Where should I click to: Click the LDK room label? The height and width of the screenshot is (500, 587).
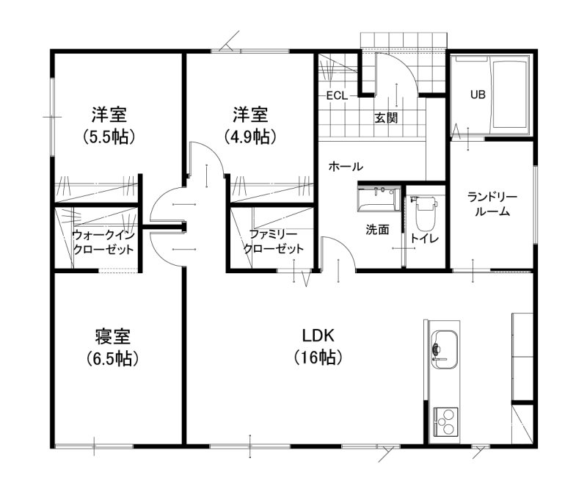tap(318, 336)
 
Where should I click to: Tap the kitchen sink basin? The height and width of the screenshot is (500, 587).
tap(445, 349)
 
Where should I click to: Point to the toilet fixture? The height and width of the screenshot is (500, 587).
tap(426, 213)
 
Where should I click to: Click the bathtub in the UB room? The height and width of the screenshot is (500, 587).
tap(510, 95)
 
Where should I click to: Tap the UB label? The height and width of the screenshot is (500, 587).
tap(478, 95)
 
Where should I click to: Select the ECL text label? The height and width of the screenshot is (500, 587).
tap(337, 96)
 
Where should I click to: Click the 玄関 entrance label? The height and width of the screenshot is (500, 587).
tap(386, 118)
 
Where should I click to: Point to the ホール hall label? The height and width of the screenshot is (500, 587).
tap(346, 166)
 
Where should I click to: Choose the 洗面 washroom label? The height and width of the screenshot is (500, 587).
tap(377, 230)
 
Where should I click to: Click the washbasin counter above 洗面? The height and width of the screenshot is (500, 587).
tap(379, 198)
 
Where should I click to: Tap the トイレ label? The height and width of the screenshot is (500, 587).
tap(425, 238)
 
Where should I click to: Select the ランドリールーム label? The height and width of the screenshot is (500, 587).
tap(492, 204)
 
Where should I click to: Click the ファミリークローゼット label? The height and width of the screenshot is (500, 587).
tap(273, 242)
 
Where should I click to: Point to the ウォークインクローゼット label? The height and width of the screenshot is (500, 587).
tap(103, 242)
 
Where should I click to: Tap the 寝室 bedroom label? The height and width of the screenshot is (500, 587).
tap(112, 336)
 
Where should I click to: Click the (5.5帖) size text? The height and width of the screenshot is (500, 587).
tap(109, 137)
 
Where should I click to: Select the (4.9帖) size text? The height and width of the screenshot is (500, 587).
tap(250, 137)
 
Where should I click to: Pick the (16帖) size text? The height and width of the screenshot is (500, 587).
tap(318, 358)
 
